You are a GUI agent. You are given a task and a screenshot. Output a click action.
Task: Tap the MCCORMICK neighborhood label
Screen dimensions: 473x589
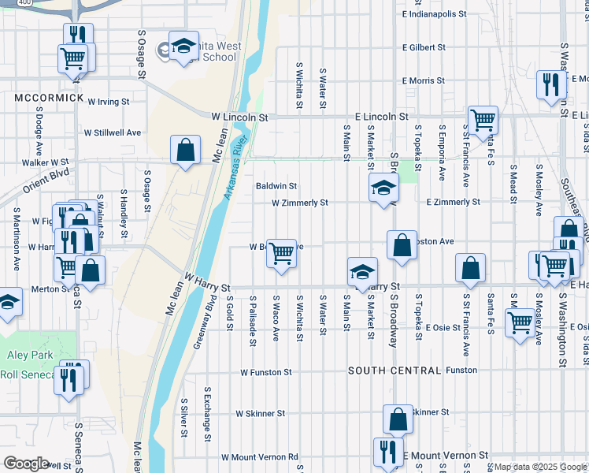[49, 97]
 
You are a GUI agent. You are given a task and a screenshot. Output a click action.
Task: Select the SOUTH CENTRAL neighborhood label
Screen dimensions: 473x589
[394, 370]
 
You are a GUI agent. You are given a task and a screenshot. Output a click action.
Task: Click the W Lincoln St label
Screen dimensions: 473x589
[239, 117]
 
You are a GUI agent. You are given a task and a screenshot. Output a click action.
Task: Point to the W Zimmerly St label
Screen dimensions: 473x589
[299, 203]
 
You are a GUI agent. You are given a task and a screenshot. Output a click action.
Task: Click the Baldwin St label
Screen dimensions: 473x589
[276, 186]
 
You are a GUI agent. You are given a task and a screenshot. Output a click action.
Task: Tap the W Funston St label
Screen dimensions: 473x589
[266, 372]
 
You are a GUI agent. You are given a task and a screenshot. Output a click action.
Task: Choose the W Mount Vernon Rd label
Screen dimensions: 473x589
[260, 456]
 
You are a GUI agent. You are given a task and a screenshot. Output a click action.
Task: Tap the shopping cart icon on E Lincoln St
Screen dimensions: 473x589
[483, 120]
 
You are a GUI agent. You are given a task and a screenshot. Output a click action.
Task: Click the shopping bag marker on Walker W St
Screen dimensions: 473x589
[185, 149]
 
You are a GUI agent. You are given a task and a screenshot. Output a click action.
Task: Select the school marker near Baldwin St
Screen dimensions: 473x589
[383, 188]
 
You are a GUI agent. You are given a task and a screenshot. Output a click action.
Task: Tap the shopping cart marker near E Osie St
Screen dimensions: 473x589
[519, 322]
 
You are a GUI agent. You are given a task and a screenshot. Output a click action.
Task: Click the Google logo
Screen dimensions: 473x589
[26, 464]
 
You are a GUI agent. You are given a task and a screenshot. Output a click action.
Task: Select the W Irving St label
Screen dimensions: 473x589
[108, 102]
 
